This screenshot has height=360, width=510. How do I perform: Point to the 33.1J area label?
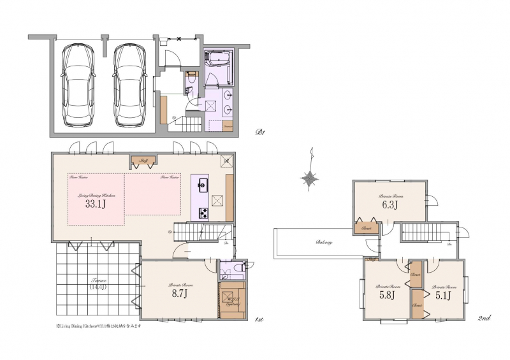tap(94, 205)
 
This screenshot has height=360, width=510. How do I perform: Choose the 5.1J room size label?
tap(444, 295)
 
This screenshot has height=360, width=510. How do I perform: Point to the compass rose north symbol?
tap(310, 178)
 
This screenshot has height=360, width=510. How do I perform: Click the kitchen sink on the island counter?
tap(203, 186)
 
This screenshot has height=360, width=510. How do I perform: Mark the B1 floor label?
tap(259, 133)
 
